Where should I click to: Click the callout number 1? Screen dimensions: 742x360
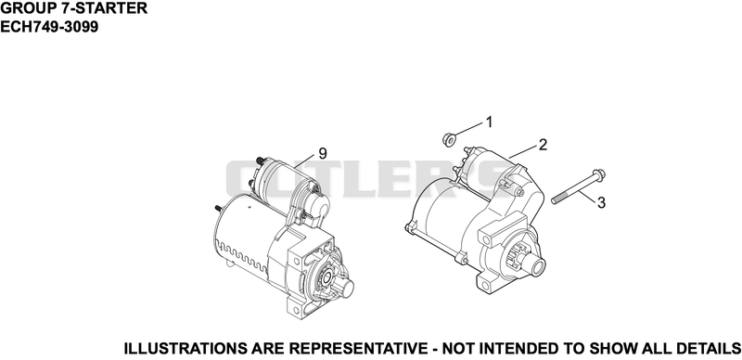pos(490,122)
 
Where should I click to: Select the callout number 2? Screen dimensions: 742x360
pos(543,145)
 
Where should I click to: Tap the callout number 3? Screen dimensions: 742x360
pos(601,203)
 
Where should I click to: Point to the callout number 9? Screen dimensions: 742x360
pos(322,153)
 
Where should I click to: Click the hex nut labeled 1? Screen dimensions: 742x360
pos(448,140)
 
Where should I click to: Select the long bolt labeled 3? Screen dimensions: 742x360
pos(579,186)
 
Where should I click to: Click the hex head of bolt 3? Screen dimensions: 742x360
pos(598,175)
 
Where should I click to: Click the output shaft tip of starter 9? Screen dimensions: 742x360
pos(347,286)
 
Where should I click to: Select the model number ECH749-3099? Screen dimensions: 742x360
pos(49,27)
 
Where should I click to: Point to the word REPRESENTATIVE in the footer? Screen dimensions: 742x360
pos(358,349)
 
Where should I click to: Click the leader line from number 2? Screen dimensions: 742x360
pos(523,152)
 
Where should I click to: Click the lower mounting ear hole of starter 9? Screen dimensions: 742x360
pos(297,310)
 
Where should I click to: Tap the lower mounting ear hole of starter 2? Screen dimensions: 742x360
pos(484,283)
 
